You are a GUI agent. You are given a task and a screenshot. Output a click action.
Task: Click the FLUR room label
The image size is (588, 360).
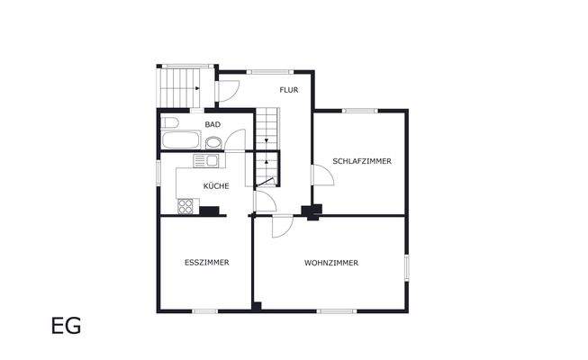coord(288,90)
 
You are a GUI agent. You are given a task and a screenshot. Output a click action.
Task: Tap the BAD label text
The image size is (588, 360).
coord(213,124)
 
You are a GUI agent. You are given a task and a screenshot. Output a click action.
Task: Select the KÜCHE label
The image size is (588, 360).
coord(216,185)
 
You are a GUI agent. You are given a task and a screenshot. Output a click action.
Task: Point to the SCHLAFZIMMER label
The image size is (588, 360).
coord(362,161)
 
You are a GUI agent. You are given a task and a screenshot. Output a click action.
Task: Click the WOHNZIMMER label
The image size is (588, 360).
coord(331,263)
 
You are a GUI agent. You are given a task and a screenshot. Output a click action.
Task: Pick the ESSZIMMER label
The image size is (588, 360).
coord(206,263)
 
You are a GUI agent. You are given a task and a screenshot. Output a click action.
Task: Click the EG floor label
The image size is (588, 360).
coord(66,326)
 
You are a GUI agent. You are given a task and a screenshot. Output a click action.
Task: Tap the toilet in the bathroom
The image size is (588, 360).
coord(171,121)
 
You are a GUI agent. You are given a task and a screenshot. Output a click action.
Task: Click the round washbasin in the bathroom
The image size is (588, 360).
coord(213,142)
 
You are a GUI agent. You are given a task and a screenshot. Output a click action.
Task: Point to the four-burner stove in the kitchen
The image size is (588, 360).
coord(186,206)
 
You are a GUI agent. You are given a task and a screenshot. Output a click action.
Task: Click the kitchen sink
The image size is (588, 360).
coord(204,161)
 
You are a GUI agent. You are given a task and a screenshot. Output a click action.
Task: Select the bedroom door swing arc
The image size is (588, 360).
coord(323,175)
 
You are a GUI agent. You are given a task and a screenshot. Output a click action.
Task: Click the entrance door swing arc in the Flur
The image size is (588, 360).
coord(229,91)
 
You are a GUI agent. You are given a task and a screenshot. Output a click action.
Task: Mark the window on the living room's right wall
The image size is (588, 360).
coord(407,267)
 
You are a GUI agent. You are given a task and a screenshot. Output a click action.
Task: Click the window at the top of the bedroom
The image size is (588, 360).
coord(359,111)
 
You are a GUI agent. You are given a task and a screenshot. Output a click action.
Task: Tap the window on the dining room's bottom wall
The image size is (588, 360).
coord(204,311)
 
